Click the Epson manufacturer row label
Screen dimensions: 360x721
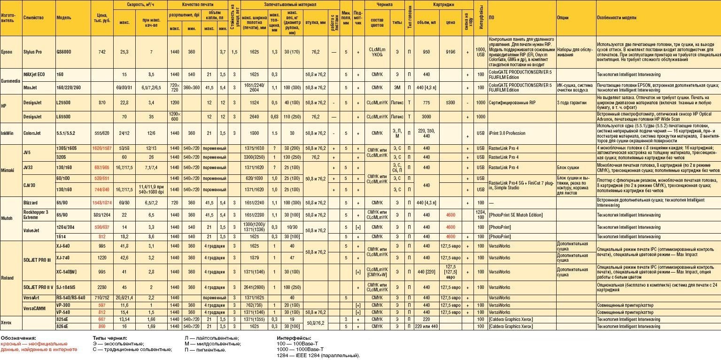tap(7, 52)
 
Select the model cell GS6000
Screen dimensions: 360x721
tap(63, 52)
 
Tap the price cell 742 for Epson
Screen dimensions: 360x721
tap(102, 52)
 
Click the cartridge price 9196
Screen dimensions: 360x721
tap(450, 52)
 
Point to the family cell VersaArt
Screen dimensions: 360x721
tap(32, 297)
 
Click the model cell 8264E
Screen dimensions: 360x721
tap(63, 326)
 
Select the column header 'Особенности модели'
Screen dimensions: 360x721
tap(617, 17)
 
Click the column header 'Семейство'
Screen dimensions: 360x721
tap(33, 17)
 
